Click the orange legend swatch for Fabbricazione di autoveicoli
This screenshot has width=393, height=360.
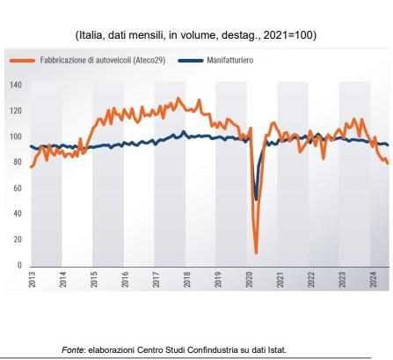pos(22,61)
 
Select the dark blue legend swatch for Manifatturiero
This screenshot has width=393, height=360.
pos(191,61)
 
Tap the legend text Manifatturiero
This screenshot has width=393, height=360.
pos(230,61)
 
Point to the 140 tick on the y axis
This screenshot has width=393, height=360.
pos(16,85)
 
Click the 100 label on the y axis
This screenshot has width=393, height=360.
pos(16,136)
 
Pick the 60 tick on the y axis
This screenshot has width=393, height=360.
pos(18,188)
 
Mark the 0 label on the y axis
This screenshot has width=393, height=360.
pos(19,265)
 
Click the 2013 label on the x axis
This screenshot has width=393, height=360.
pos(32,279)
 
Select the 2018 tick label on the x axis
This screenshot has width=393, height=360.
pos(186,279)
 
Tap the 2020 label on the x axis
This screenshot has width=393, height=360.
pos(249,279)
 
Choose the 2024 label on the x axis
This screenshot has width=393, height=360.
pos(373,279)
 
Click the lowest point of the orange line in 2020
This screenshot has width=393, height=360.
pos(256,253)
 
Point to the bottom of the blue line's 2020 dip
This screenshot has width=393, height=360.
pos(257,200)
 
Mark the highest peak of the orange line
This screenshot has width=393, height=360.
pos(178,99)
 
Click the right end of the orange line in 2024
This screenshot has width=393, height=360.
pos(388,163)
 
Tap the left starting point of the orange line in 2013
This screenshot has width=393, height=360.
pos(31,167)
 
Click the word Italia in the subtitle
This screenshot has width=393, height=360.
pos(90,35)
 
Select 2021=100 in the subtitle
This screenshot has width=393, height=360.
pos(288,35)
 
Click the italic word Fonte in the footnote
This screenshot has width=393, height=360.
pos(73,350)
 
